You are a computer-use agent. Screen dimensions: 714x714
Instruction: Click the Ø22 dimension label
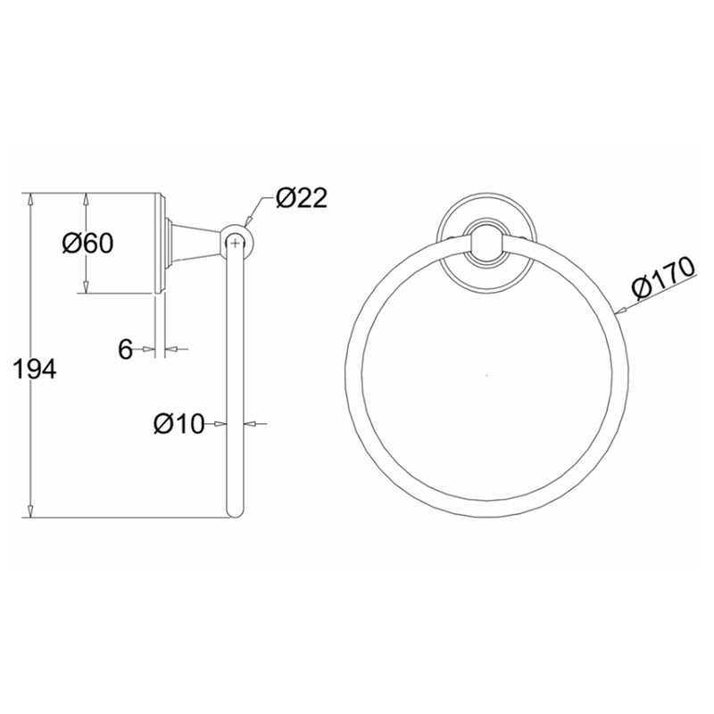[x=302, y=198]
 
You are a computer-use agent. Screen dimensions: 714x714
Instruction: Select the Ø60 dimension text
[x=87, y=243]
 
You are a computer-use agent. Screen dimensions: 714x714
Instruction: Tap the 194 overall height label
[x=35, y=369]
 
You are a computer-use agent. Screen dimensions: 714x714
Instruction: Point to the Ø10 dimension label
[x=179, y=425]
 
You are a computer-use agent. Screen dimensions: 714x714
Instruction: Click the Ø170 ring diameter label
[x=664, y=278]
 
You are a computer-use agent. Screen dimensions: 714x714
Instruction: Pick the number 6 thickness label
[x=125, y=350]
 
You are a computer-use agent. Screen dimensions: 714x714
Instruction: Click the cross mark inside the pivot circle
[x=235, y=244]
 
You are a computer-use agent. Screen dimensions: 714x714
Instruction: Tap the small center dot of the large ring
[x=486, y=375]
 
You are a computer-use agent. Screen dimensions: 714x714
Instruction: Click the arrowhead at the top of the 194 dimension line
[x=30, y=199]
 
